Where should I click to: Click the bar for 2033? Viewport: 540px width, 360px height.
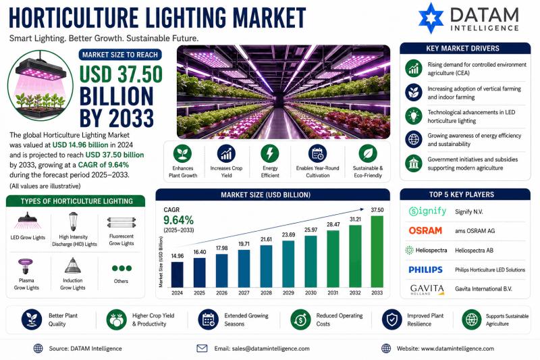377,251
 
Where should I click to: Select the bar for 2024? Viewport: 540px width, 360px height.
177,275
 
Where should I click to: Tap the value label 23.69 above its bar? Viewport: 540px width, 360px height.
289,234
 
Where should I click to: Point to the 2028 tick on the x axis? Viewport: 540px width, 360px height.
266,292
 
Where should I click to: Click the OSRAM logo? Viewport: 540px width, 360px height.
425,230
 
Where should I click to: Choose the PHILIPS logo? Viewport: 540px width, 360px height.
425,269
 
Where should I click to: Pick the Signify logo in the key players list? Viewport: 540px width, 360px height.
427,211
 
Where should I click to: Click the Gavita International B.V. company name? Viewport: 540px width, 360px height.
483,288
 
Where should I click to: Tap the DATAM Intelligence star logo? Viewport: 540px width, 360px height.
431,18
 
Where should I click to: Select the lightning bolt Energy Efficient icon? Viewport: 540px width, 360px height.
270,153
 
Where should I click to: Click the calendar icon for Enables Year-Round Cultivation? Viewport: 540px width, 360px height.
317,153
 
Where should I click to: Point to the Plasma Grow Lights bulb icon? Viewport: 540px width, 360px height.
26,266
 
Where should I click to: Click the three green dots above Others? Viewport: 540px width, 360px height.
122,268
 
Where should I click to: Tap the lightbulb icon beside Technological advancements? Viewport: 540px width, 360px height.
414,115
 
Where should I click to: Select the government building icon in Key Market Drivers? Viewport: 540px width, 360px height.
414,163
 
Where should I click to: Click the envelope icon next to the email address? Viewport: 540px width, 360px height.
202,349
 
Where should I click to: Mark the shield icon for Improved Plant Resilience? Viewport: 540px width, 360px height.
392,319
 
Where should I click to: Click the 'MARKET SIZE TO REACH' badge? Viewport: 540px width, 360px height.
120,55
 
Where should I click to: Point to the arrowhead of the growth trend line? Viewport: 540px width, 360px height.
362,209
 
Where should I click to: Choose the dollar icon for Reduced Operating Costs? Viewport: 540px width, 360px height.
300,319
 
